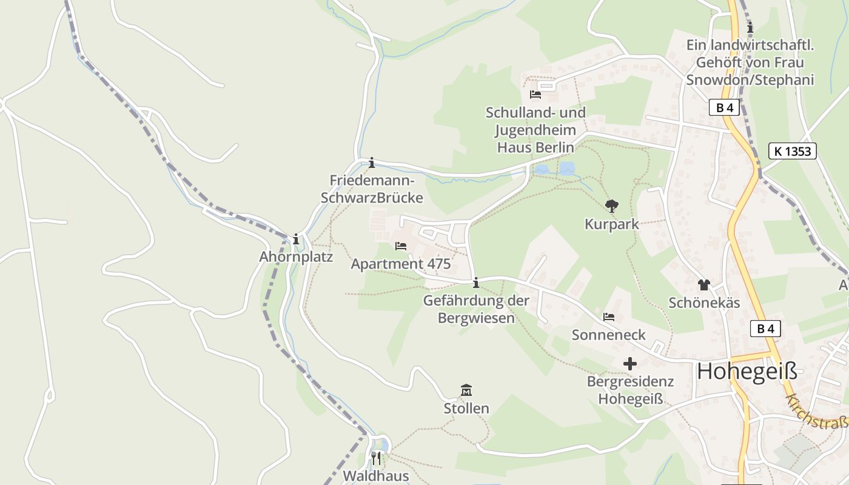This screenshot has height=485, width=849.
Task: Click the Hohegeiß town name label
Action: pyautogui.click(x=747, y=370)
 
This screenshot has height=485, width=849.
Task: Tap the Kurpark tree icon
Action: pyautogui.click(x=612, y=206)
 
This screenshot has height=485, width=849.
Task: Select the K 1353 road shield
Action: pyautogui.click(x=792, y=151)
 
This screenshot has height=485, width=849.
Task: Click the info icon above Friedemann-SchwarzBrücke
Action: pyautogui.click(x=372, y=162)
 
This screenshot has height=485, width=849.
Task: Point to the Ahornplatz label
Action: pyautogui.click(x=296, y=256)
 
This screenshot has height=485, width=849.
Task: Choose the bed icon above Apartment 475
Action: pyautogui.click(x=401, y=246)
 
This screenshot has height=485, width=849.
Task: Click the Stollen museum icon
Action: pyautogui.click(x=466, y=390)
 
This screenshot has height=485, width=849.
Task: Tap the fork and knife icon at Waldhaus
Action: pyautogui.click(x=376, y=457)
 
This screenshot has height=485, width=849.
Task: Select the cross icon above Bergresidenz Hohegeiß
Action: pyautogui.click(x=630, y=364)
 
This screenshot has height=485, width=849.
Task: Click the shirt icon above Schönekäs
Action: pyautogui.click(x=703, y=284)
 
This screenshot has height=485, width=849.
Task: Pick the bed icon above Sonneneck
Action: pyautogui.click(x=609, y=317)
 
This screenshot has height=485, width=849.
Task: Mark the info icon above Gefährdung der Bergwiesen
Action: pyautogui.click(x=476, y=283)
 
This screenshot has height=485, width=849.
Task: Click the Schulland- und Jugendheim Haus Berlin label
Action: pyautogui.click(x=535, y=130)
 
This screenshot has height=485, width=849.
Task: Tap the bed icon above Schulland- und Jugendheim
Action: pyautogui.click(x=535, y=95)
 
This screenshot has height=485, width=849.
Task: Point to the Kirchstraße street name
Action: pyautogui.click(x=816, y=412)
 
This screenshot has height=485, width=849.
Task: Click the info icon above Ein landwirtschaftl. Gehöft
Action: pyautogui.click(x=750, y=27)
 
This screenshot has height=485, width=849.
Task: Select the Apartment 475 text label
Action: pyautogui.click(x=401, y=264)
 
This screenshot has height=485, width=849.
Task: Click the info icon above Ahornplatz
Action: pyautogui.click(x=296, y=239)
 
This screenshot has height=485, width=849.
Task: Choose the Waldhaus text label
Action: pyautogui.click(x=376, y=475)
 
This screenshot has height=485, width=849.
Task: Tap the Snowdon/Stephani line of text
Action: pyautogui.click(x=750, y=79)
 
